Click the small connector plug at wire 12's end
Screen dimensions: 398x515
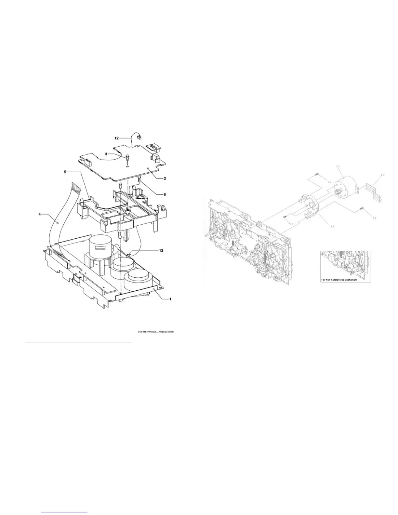coord(138,138)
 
